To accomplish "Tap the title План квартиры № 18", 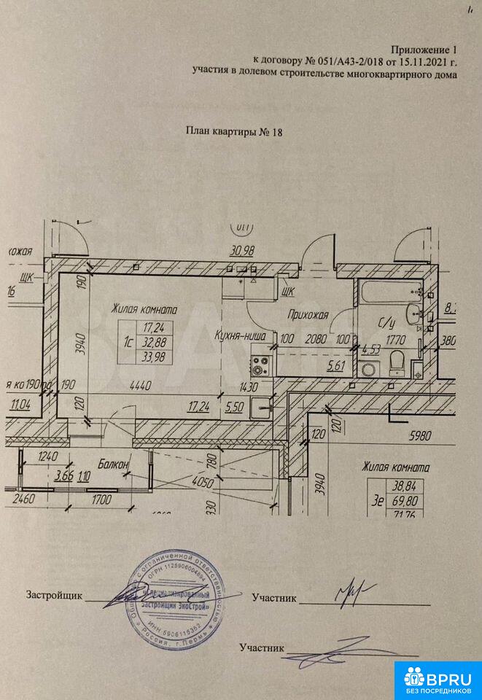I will coord(233,132).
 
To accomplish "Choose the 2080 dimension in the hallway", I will coord(314,338).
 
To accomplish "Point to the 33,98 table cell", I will coord(152,357).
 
